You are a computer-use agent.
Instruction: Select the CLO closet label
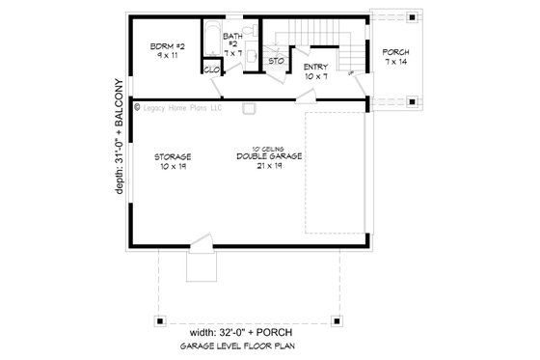pos(211,69)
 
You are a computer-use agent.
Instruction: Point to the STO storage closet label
pos(274,62)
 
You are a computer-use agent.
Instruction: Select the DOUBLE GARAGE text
pos(270,155)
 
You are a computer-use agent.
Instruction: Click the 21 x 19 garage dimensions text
pos(270,165)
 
